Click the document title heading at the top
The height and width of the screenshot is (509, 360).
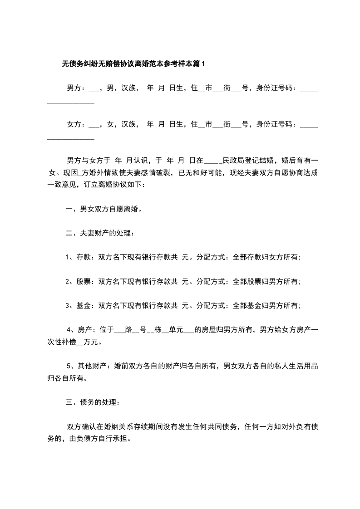click(x=133, y=64)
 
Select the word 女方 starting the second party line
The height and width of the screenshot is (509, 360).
click(x=74, y=124)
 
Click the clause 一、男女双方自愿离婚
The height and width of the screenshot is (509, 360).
click(x=104, y=209)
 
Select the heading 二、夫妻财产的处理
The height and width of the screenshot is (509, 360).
click(x=100, y=234)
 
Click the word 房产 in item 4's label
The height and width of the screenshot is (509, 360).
click(x=86, y=330)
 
